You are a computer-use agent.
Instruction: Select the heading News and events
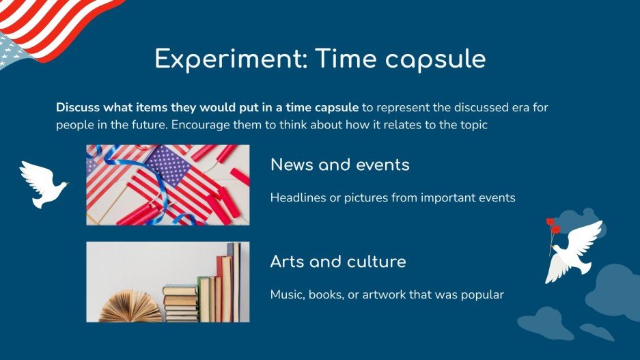point(339,165)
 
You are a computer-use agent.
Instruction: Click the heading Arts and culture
point(337,262)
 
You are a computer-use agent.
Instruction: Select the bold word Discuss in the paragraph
point(78,108)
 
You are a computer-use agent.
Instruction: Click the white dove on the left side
point(43,184)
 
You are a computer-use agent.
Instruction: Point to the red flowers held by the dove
point(552,225)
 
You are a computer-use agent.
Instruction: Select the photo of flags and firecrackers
point(167,184)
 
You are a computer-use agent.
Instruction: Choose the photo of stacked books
point(167,281)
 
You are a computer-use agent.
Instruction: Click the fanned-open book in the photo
point(130,307)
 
